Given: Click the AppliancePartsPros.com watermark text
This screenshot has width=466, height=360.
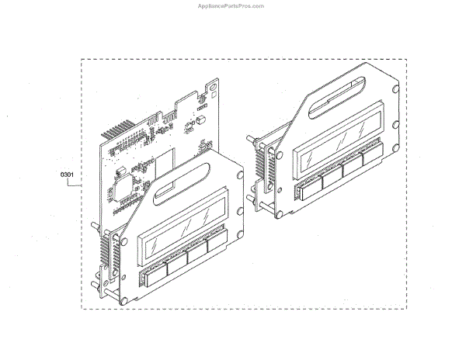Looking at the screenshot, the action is point(232,5).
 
